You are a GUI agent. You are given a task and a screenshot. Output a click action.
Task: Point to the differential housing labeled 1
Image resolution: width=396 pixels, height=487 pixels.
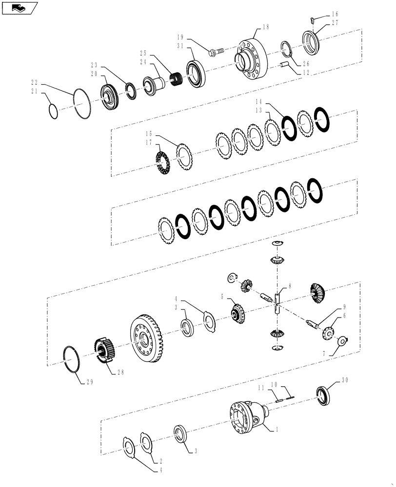point(246,416)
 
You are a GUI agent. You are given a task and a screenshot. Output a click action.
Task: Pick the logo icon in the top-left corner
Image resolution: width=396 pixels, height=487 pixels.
point(20,7)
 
